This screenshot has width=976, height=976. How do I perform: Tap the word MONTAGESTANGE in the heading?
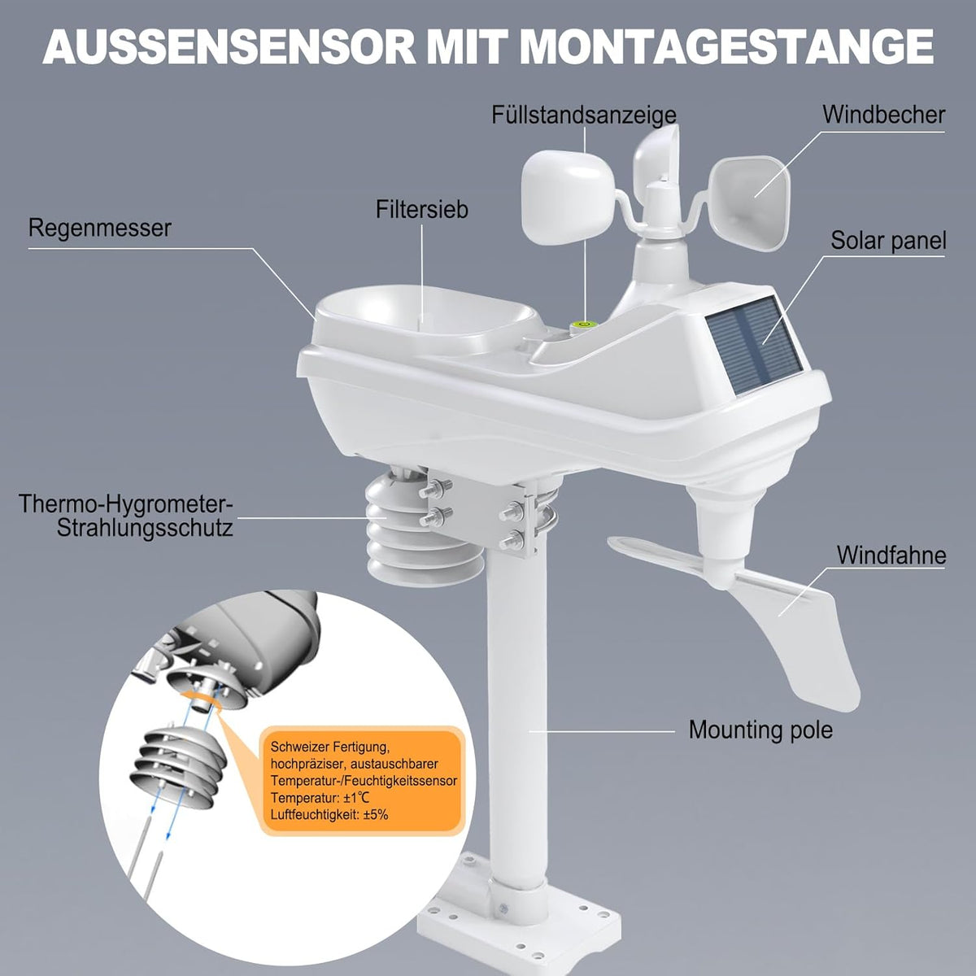[727, 47]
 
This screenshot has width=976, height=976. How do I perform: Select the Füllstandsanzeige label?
[584, 115]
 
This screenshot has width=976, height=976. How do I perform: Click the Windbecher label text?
[883, 115]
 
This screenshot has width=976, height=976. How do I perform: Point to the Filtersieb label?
[422, 209]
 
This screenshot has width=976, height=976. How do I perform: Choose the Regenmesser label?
[100, 229]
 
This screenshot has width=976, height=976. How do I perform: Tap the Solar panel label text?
[888, 241]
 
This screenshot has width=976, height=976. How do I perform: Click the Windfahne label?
[891, 556]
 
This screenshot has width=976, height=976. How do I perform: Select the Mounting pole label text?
[760, 730]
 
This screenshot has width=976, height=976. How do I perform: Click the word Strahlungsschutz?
[145, 529]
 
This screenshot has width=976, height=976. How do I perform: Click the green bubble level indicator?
[583, 325]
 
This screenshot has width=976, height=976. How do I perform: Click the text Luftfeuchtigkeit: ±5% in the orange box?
[329, 815]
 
